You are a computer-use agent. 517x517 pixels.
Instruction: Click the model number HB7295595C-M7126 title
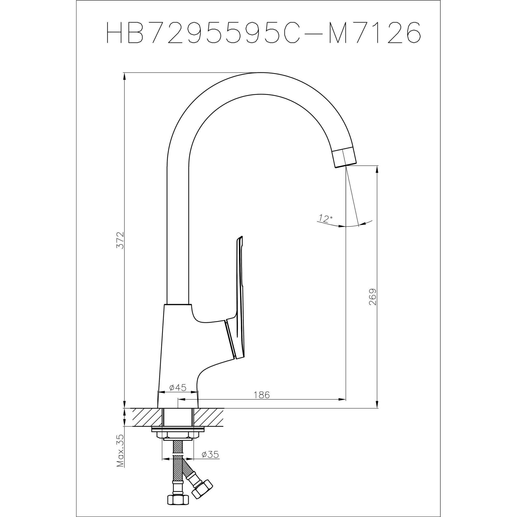click(x=264, y=32)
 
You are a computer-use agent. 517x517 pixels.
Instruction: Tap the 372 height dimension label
click(x=120, y=240)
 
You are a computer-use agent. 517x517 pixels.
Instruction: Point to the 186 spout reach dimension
click(x=261, y=395)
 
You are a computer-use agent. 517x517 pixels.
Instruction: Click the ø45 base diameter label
click(x=178, y=387)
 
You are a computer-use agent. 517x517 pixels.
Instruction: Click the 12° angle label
click(x=325, y=219)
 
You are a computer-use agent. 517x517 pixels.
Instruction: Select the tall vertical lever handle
click(x=240, y=294)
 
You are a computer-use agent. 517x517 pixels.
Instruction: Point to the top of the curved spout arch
click(x=261, y=83)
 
